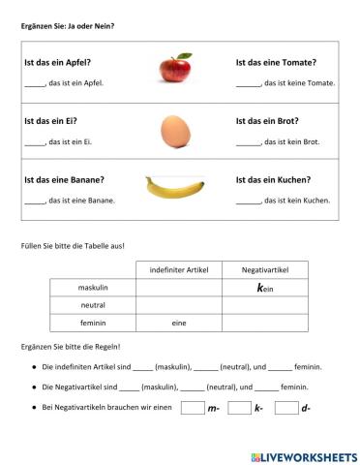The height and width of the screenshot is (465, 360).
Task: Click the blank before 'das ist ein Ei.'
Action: tap(33, 142)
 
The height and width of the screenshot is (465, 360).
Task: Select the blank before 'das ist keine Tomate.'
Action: tap(248, 83)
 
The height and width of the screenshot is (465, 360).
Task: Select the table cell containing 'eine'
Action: tap(179, 322)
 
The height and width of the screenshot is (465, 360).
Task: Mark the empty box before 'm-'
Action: tap(192, 408)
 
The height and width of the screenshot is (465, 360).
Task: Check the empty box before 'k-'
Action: tap(239, 408)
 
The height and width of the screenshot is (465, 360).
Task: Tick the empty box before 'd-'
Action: tap(285, 408)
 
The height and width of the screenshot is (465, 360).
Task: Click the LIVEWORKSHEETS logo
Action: tap(302, 455)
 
